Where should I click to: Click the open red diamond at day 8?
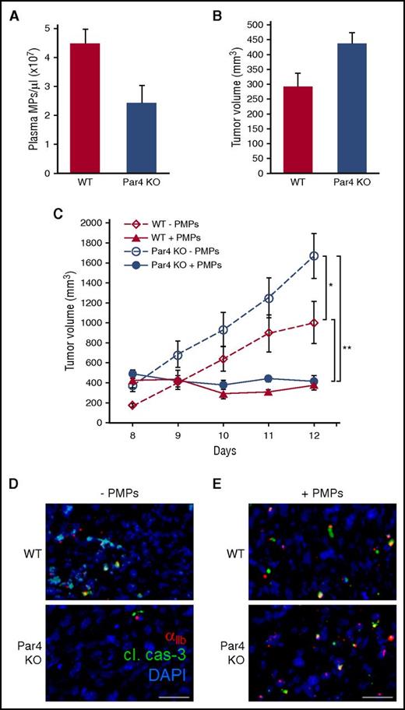132,405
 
